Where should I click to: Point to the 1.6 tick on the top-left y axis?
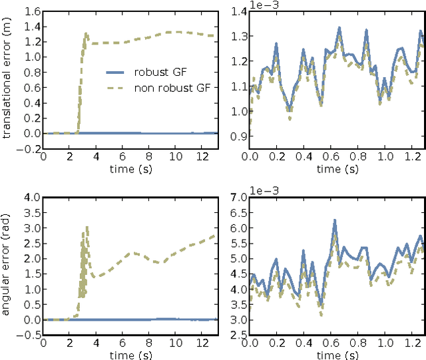31,11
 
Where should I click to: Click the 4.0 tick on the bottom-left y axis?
31,197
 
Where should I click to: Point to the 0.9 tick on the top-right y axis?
237,136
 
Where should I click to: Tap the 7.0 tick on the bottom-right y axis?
237,197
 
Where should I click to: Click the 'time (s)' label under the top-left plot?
130,169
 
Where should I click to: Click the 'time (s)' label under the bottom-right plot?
337,355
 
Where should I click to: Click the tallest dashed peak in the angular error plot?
87,227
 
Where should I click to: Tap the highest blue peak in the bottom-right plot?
335,220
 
